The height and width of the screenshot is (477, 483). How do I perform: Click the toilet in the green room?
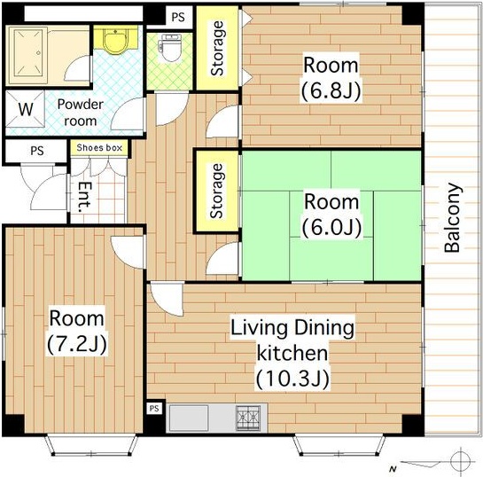point(170,47)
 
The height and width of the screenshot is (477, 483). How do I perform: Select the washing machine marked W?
point(26,109)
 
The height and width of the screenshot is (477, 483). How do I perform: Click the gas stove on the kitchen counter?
point(248,418)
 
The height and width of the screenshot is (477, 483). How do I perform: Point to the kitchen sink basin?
point(189,418)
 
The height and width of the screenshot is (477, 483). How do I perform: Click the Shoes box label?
point(99,147)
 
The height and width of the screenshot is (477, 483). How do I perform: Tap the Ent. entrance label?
point(85,197)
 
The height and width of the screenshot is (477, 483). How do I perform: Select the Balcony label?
point(453,217)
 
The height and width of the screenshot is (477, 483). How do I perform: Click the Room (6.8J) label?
point(331,78)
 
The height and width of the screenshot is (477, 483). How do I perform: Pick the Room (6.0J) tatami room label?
point(331,215)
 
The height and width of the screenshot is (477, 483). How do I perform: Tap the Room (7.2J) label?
point(77,331)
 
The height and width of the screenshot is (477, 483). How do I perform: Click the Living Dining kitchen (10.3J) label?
point(292,353)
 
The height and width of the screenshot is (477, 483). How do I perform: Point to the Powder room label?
point(80,113)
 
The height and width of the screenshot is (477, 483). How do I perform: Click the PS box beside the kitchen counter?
point(154,409)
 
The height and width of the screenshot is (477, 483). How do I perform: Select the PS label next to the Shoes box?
point(37,151)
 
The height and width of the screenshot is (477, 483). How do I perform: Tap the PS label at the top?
point(178,17)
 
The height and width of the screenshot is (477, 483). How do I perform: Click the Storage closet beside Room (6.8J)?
point(217,49)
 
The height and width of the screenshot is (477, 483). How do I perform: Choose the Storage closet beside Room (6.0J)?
point(217,191)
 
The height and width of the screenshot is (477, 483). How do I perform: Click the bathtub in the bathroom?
point(27,56)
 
